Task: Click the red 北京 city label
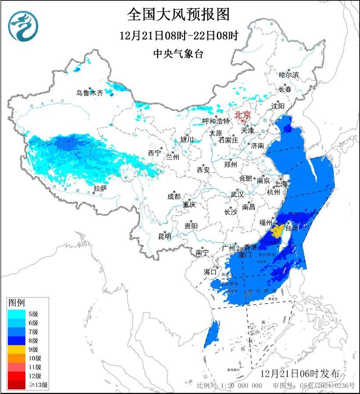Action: coord(242,115)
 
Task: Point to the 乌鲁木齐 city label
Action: coord(89,92)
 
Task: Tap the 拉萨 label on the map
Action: coord(100,188)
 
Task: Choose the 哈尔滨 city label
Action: coord(289,75)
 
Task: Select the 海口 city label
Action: coord(210,272)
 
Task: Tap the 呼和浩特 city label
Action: coord(216,121)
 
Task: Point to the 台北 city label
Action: coord(292,228)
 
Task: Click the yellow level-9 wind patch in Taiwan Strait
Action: coord(277,231)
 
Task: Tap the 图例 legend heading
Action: coord(17,302)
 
